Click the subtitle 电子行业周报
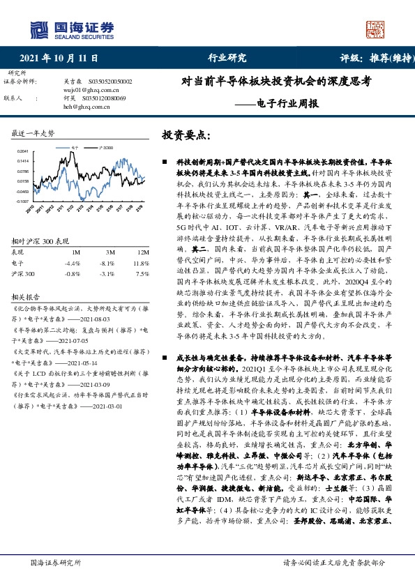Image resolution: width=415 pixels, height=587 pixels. pos(284,104)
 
